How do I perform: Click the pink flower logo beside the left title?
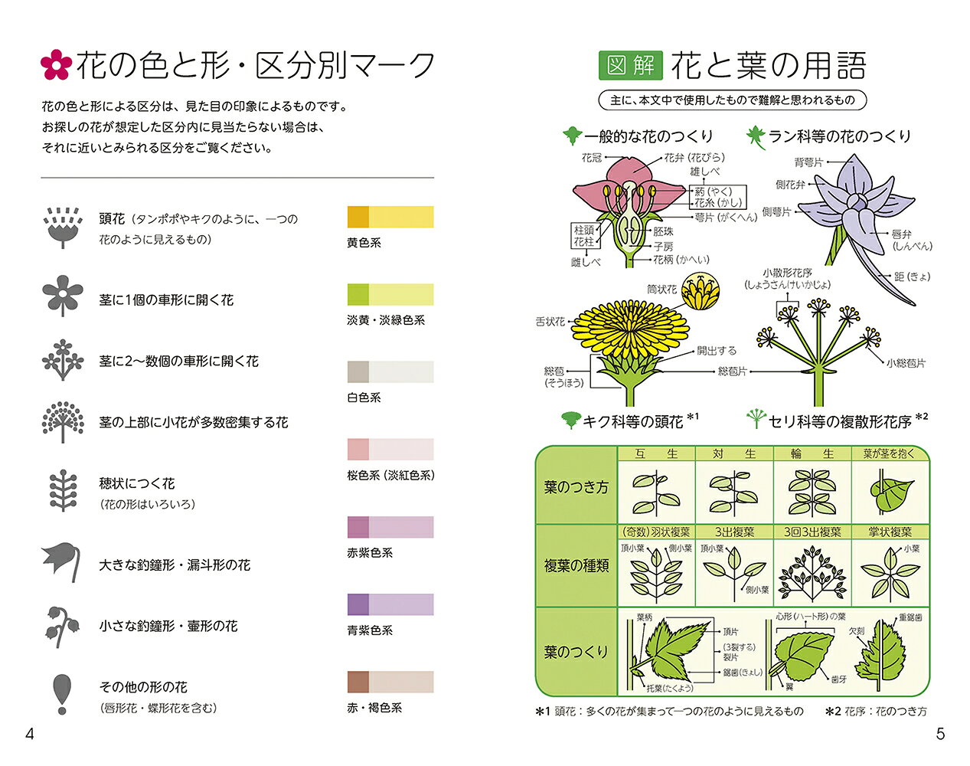[56, 64]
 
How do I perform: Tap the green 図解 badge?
[630, 65]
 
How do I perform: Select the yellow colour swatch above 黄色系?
[390, 217]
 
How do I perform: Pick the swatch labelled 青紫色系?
[390, 604]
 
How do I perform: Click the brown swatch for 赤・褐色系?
[390, 682]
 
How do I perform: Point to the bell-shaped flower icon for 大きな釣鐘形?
[62, 561]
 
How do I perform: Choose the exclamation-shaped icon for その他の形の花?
[62, 694]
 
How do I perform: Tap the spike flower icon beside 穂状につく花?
[63, 490]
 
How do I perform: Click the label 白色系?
[364, 398]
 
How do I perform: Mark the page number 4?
[30, 734]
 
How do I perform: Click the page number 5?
[940, 734]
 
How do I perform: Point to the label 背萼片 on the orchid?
[808, 162]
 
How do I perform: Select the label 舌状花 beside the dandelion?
[550, 322]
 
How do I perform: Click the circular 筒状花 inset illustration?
[700, 291]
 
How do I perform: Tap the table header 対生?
[733, 453]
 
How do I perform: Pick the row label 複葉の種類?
[576, 565]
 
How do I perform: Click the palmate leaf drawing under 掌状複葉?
[890, 574]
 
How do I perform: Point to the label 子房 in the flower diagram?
[663, 247]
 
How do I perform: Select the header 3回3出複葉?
[812, 532]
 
